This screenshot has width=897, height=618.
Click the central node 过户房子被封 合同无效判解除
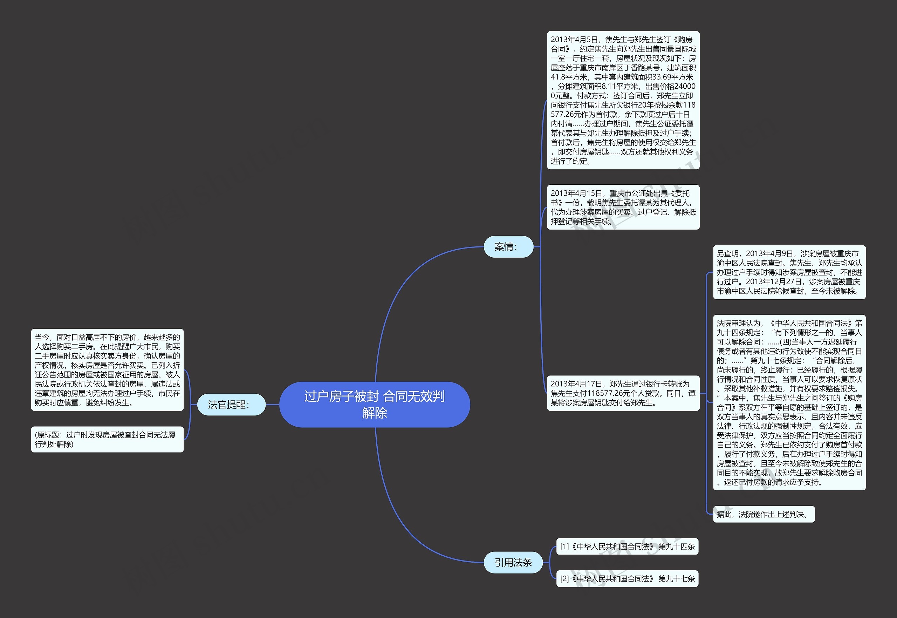pyautogui.click(x=375, y=404)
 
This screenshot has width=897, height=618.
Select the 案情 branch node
pyautogui.click(x=508, y=247)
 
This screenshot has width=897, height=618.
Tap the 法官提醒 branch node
pyautogui.click(x=231, y=405)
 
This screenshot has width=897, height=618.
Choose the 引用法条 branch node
pyautogui.click(x=513, y=562)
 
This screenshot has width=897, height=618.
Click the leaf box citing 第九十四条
pyautogui.click(x=627, y=546)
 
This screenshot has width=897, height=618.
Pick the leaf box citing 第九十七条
pyautogui.click(x=627, y=578)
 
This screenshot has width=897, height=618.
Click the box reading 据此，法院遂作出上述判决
pyautogui.click(x=764, y=514)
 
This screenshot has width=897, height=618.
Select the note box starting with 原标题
pyautogui.click(x=107, y=440)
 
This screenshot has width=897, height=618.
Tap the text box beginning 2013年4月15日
pyautogui.click(x=623, y=207)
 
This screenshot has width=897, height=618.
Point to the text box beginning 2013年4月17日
pyautogui.click(x=623, y=393)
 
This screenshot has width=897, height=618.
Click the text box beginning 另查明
pyautogui.click(x=789, y=272)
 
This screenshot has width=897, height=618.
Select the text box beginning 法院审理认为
pyautogui.click(x=789, y=403)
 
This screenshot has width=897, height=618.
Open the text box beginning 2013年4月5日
pyautogui.click(x=623, y=100)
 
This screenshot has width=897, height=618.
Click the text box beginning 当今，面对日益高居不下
pyautogui.click(x=107, y=370)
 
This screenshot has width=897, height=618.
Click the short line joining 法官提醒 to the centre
pyautogui.click(x=272, y=405)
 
